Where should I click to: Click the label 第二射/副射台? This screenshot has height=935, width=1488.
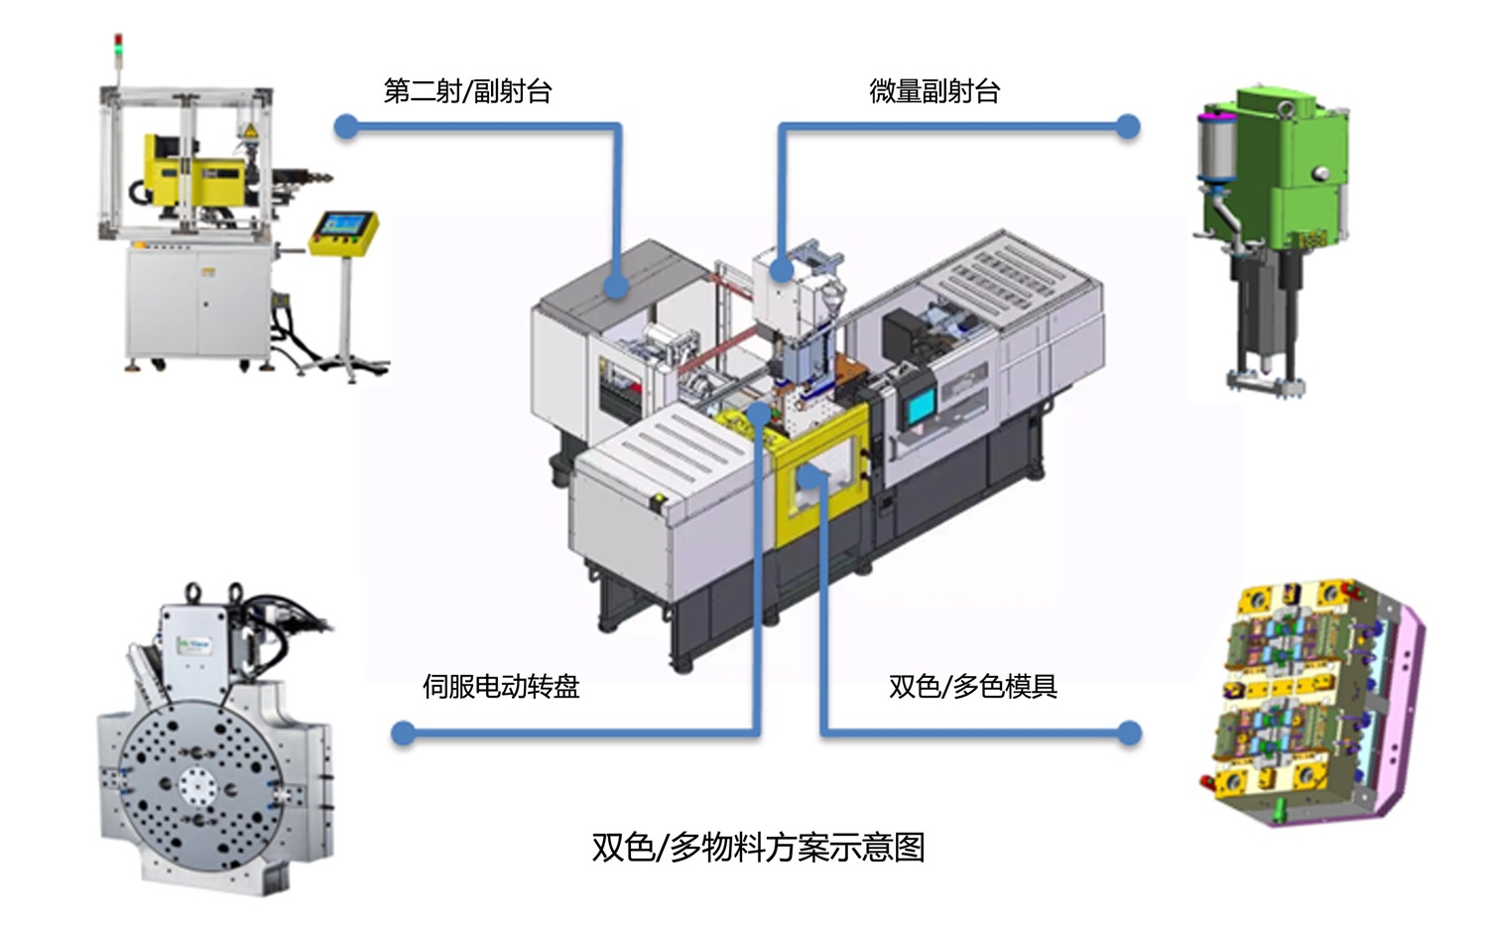(467, 91)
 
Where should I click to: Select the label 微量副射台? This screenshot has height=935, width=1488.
(934, 91)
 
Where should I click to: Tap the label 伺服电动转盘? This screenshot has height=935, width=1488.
(501, 686)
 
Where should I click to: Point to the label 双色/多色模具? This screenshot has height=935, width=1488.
(972, 686)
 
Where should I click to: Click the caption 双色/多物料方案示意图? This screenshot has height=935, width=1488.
(758, 847)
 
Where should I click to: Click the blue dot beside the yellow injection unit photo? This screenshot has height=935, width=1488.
(346, 126)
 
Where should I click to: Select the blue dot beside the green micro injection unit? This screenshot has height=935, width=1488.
(1127, 126)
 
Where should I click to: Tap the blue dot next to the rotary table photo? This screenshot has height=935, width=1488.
(403, 734)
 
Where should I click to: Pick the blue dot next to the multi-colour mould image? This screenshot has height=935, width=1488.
(1129, 734)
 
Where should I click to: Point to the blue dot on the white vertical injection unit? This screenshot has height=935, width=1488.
(782, 268)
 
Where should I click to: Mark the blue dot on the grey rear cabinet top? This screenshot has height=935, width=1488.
(616, 287)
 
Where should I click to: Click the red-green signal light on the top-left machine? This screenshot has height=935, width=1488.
(119, 44)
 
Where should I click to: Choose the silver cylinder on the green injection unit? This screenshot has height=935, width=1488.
(1215, 149)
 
